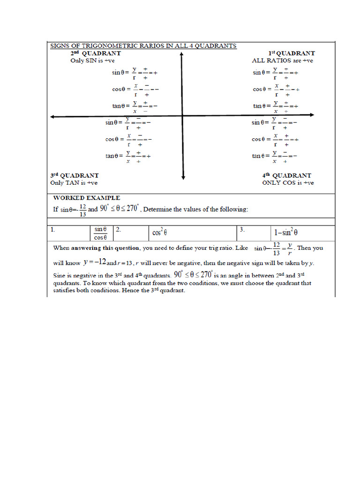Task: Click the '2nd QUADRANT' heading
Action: click(95, 53)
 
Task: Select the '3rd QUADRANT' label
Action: click(75, 176)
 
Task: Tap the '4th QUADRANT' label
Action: click(286, 176)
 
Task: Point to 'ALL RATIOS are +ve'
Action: click(282, 60)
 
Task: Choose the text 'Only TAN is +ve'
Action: click(74, 183)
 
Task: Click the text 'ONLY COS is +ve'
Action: click(288, 183)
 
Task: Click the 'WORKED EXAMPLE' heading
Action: click(86, 198)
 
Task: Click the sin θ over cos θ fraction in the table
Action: click(101, 233)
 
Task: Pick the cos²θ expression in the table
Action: click(160, 232)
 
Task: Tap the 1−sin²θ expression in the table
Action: click(292, 232)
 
